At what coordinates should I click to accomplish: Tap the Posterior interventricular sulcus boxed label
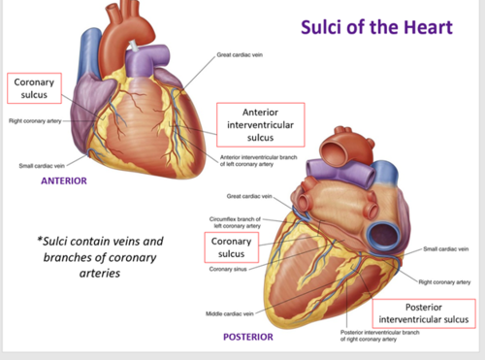click(x=424, y=312)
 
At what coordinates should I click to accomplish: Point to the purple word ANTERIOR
click(x=64, y=180)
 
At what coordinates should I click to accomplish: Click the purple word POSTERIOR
click(x=247, y=337)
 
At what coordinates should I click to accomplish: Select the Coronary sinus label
click(x=232, y=269)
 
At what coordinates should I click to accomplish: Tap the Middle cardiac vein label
click(x=230, y=313)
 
